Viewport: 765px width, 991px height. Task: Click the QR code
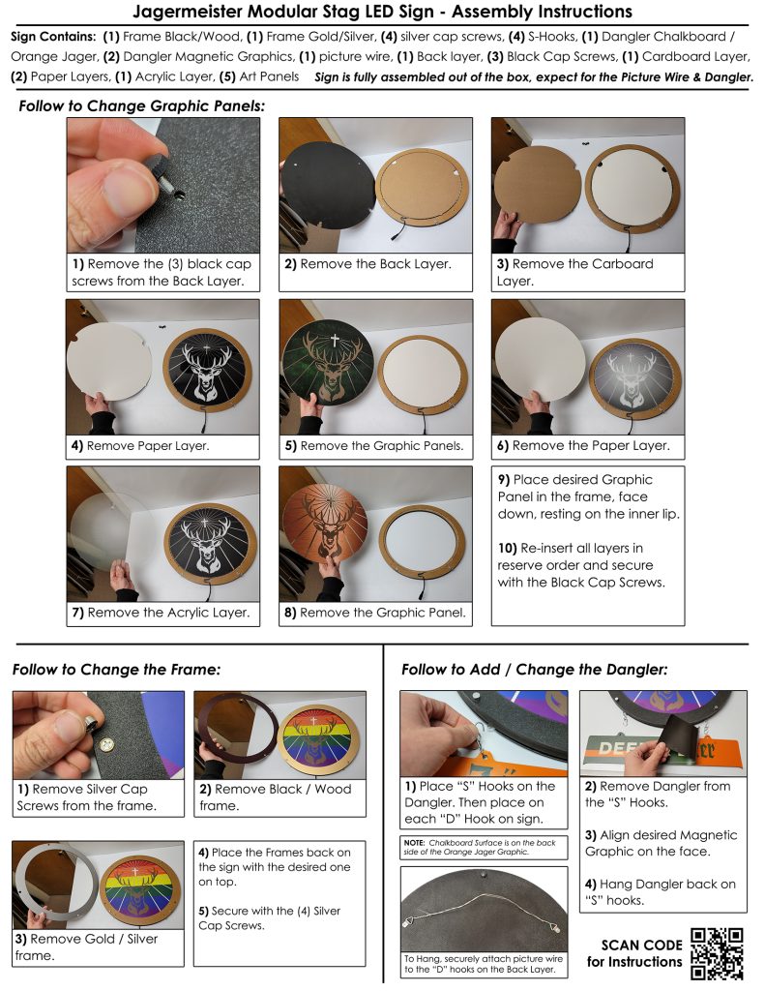(717, 953)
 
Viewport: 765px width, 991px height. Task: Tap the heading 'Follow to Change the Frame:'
(117, 670)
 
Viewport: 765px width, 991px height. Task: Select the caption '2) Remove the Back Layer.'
(368, 264)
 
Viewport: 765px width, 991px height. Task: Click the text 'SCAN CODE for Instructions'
(634, 953)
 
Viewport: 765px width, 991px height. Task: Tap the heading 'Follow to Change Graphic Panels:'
(141, 106)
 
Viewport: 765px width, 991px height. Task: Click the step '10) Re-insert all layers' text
(581, 565)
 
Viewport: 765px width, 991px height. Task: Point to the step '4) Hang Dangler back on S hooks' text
(661, 891)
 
